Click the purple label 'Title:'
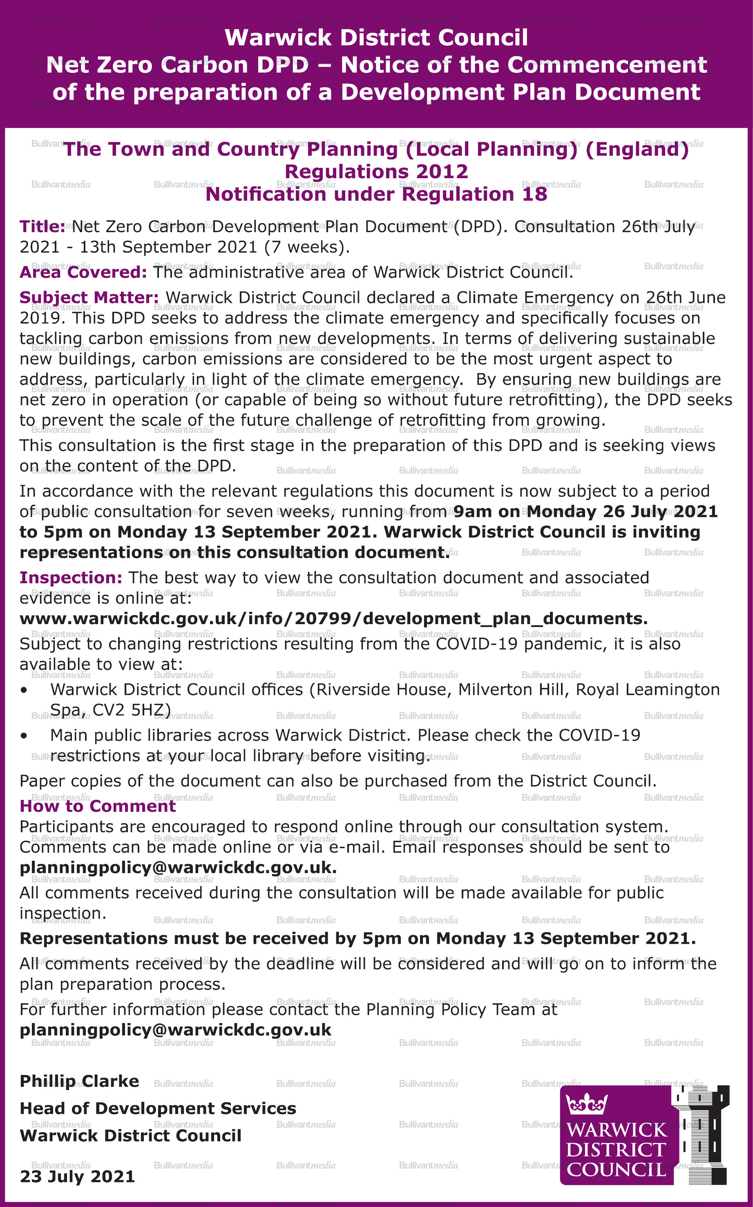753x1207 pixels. (42, 227)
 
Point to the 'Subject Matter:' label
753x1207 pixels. (89, 298)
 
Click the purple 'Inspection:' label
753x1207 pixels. (71, 578)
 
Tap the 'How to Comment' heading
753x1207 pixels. (98, 806)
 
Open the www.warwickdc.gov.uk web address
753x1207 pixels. (334, 619)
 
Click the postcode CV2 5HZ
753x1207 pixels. (132, 710)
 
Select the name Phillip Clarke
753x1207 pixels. (79, 1082)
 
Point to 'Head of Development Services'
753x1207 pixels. (158, 1108)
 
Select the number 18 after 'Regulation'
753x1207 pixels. (534, 194)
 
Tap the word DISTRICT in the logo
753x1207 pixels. (616, 1150)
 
